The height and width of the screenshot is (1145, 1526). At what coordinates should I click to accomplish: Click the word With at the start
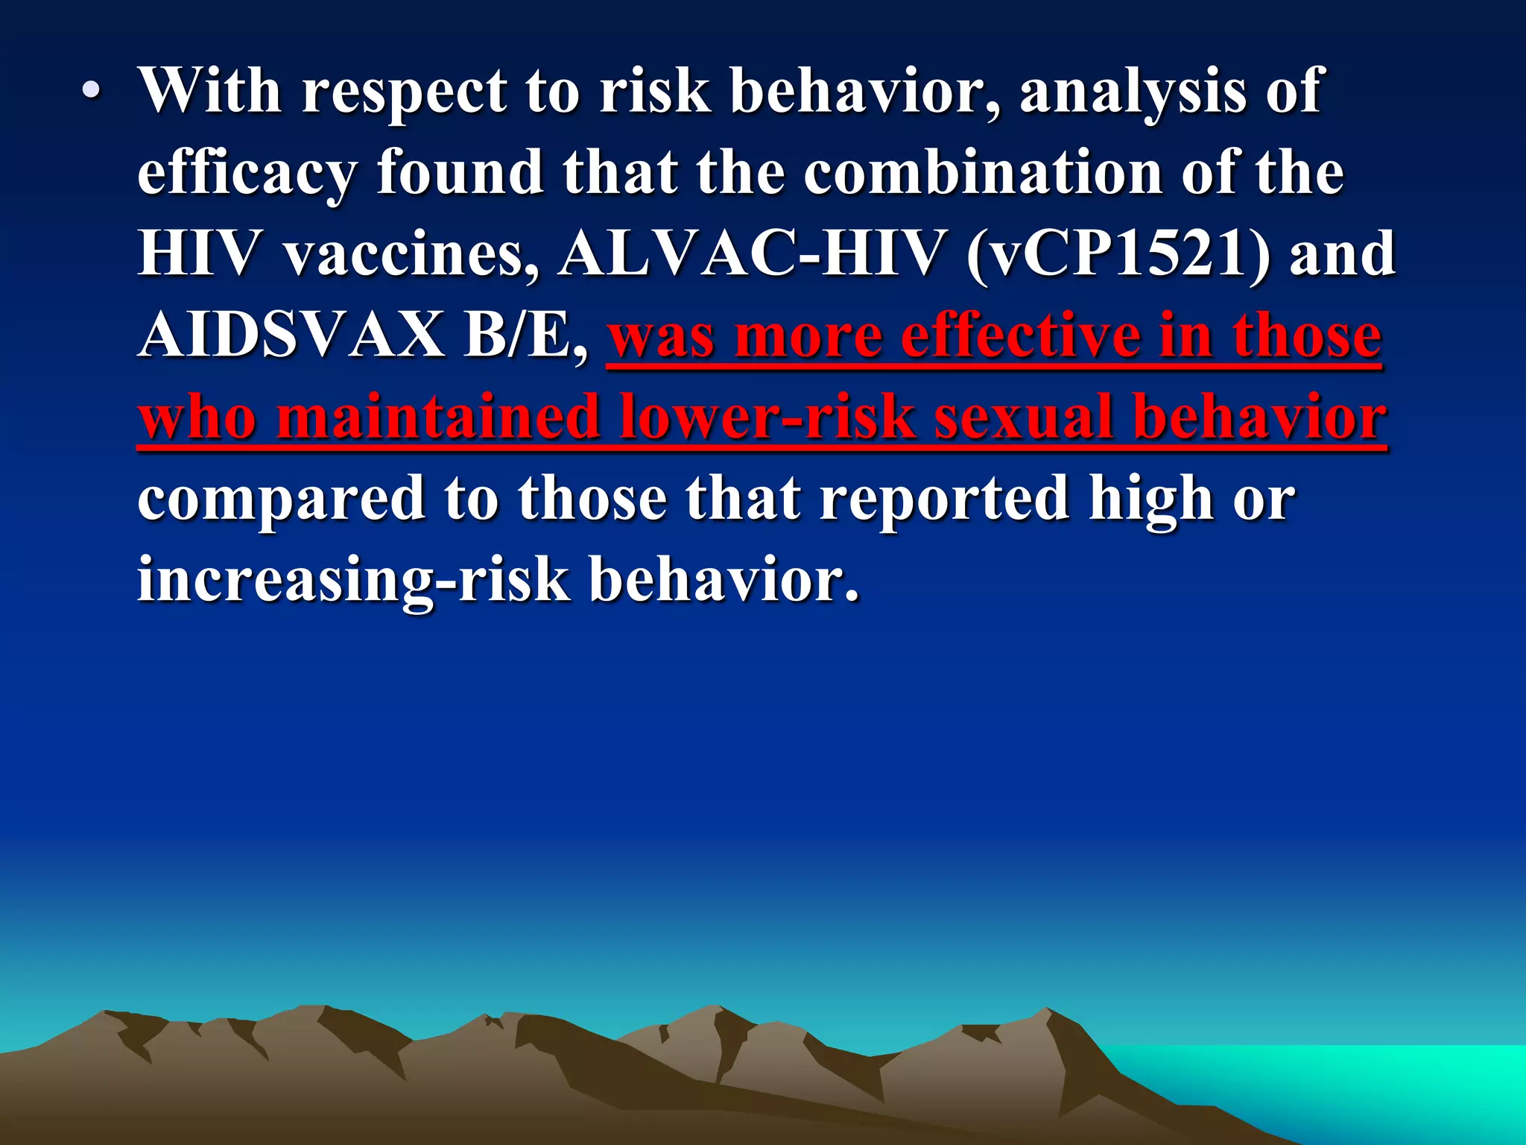coord(210,91)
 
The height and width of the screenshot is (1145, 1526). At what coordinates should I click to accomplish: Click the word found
coord(460,173)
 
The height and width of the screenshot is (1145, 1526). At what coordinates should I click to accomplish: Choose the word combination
coord(983,173)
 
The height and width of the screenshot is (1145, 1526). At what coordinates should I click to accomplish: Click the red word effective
coord(1021,335)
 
